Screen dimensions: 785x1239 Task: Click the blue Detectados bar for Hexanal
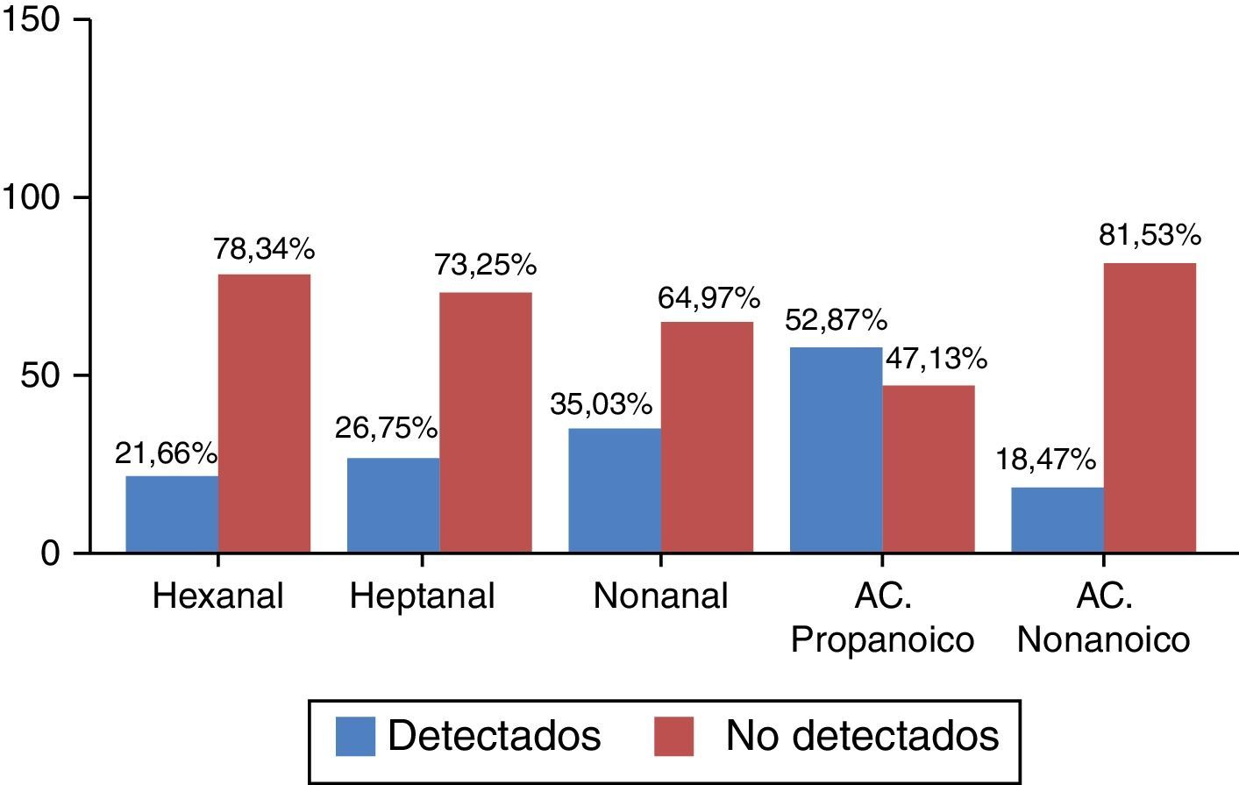pos(172,514)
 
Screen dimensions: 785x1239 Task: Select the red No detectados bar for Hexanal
pos(264,413)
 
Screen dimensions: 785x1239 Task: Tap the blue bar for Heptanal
pos(393,505)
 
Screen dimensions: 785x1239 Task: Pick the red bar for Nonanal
pos(707,437)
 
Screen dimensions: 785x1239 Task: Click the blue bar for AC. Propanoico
pos(836,450)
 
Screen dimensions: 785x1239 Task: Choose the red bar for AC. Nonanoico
pos(1150,408)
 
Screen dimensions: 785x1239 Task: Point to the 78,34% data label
pos(264,251)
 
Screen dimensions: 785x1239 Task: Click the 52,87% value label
pos(836,321)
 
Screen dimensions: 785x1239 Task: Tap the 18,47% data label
pos(1045,460)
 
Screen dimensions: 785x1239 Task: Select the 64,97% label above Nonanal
pos(709,299)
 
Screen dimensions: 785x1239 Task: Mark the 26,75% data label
pos(386,429)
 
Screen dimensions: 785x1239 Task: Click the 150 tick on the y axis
pos(32,19)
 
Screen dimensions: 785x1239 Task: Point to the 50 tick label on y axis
pos(43,375)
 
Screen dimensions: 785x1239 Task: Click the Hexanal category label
pos(218,596)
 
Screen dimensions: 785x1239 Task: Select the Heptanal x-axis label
pos(422,596)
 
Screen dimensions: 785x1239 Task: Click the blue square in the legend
pos(355,737)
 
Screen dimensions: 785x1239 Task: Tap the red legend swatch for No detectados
pos(673,737)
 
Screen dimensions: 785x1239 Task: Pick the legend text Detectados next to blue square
pos(495,737)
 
